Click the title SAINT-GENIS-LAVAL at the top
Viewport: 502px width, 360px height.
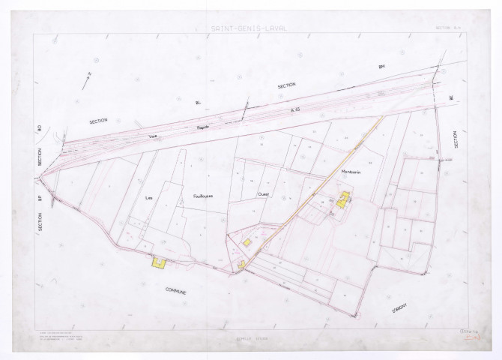(251, 30)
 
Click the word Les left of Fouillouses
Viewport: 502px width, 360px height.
(148, 197)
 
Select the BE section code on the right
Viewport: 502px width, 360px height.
(451, 97)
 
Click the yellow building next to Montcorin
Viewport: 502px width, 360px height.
(344, 199)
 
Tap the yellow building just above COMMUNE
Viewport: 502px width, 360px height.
(158, 262)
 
